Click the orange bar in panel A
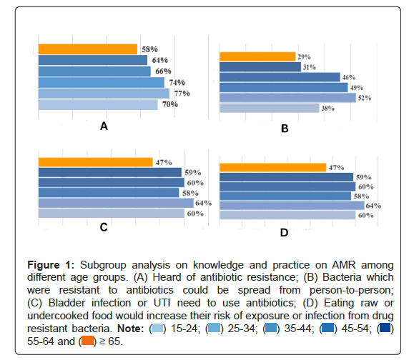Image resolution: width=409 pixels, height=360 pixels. tap(88, 49)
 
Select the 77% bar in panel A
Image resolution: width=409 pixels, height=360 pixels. tap(104, 94)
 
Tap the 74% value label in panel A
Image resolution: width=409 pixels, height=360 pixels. tap(177, 83)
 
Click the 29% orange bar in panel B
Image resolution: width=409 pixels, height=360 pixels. tap(257, 57)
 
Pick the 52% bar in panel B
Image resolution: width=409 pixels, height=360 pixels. tap(287, 98)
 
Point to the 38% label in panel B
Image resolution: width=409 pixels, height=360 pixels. tap(328, 108)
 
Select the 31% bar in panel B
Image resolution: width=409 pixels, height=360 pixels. tap(260, 67)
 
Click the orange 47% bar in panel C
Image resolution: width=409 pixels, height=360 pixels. tap(96, 162)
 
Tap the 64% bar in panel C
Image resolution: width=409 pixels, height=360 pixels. tap(116, 203)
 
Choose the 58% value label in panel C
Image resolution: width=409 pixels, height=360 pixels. tap(190, 193)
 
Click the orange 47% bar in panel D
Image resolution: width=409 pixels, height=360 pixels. tap(273, 167)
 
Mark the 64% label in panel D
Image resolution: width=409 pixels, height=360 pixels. tap(373, 206)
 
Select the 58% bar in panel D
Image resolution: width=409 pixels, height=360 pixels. tap(285, 196)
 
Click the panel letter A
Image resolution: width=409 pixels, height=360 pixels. tap(104, 126)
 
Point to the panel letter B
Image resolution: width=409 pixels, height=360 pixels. tap(285, 129)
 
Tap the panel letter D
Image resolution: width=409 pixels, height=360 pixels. tap(284, 232)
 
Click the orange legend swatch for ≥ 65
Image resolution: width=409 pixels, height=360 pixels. tap(88, 341)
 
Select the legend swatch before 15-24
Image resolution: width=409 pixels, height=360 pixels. tap(157, 328)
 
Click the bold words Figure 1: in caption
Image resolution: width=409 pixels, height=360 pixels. tap(51, 265)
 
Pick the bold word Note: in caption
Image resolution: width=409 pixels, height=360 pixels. tap(131, 329)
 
